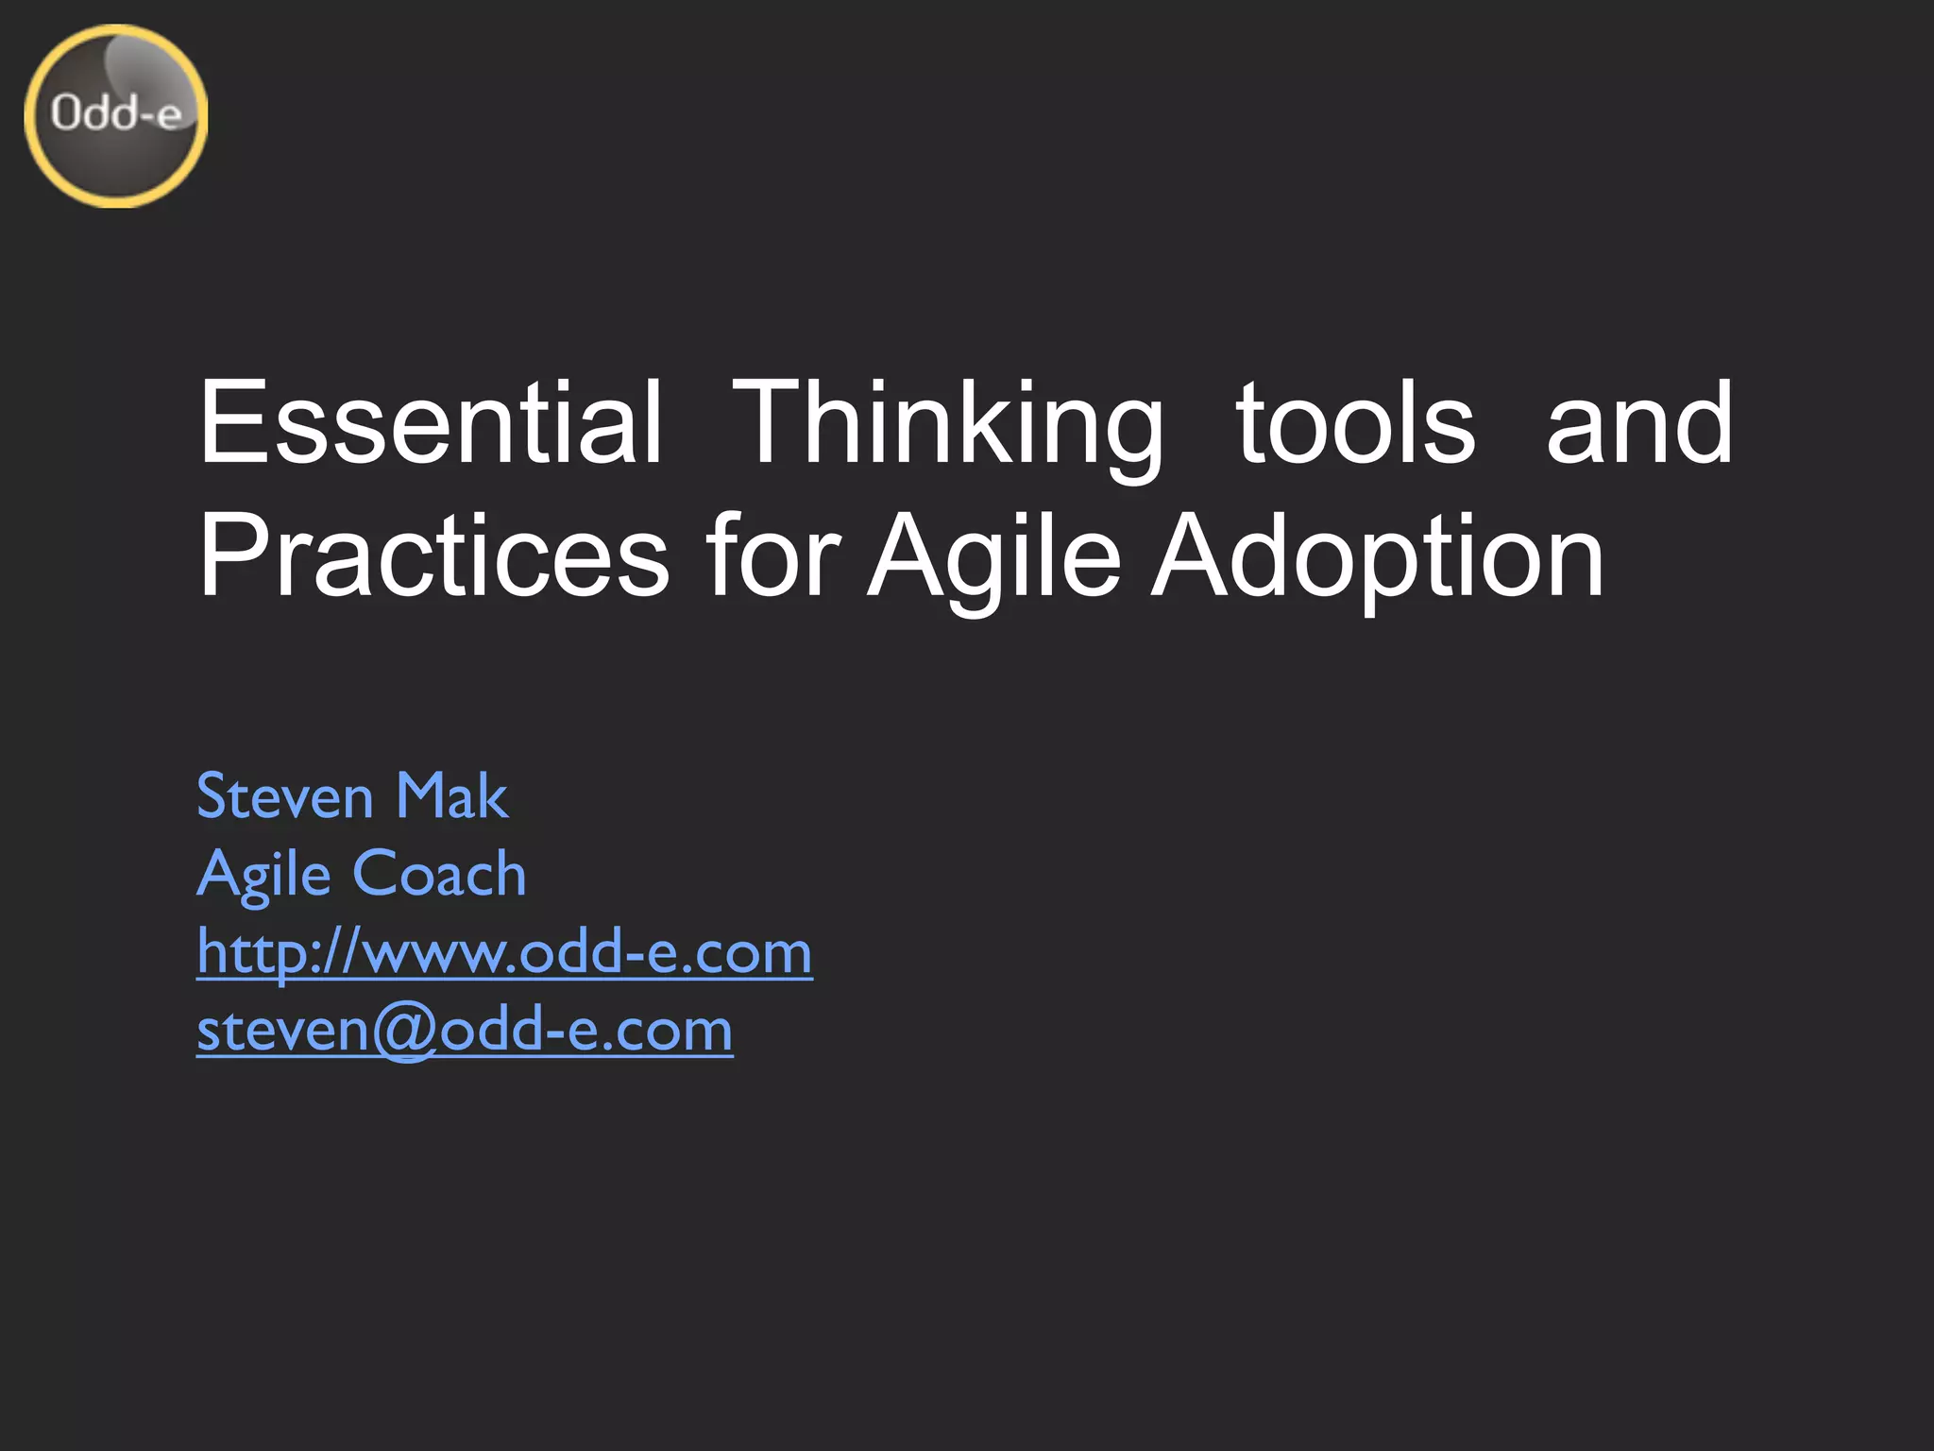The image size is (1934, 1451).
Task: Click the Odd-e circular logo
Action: (x=115, y=115)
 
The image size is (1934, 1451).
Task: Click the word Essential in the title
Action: (x=431, y=422)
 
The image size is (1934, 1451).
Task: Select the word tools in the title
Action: (x=1355, y=422)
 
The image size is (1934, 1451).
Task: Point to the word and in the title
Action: (x=1639, y=422)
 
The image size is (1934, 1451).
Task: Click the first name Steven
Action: (x=285, y=795)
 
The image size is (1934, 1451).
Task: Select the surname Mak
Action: (x=451, y=795)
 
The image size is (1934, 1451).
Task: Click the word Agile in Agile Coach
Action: (x=263, y=874)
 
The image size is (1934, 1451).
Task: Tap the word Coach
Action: (x=439, y=874)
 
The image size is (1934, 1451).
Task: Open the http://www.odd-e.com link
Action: (x=504, y=951)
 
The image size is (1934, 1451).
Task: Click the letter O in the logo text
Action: (x=66, y=113)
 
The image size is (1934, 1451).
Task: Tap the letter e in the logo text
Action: (x=168, y=116)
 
